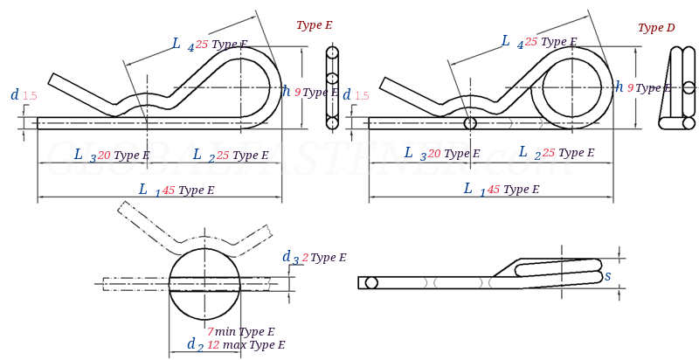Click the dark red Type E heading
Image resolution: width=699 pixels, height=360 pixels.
[314, 25]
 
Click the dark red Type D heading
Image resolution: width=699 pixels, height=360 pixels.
[656, 28]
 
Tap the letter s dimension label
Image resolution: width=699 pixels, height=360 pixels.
[607, 276]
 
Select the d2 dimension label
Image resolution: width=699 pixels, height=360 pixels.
[194, 344]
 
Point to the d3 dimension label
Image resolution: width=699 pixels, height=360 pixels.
[289, 257]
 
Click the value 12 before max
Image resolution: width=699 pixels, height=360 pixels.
[213, 345]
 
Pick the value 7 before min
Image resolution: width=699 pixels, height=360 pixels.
[210, 332]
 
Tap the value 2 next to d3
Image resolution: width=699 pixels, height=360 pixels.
[305, 258]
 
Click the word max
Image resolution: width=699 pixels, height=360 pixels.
[235, 345]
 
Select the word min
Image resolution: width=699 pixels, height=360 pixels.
[225, 332]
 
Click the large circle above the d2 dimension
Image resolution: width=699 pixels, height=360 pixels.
[204, 283]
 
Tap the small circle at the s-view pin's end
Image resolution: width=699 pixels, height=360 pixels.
[371, 282]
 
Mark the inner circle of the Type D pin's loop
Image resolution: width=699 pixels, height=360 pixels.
[571, 87]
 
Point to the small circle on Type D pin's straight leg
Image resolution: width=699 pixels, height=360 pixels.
[470, 123]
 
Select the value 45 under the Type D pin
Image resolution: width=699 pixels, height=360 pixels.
[494, 190]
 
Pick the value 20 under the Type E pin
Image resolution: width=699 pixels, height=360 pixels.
[104, 156]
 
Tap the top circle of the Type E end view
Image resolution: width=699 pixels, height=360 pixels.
[332, 52]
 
